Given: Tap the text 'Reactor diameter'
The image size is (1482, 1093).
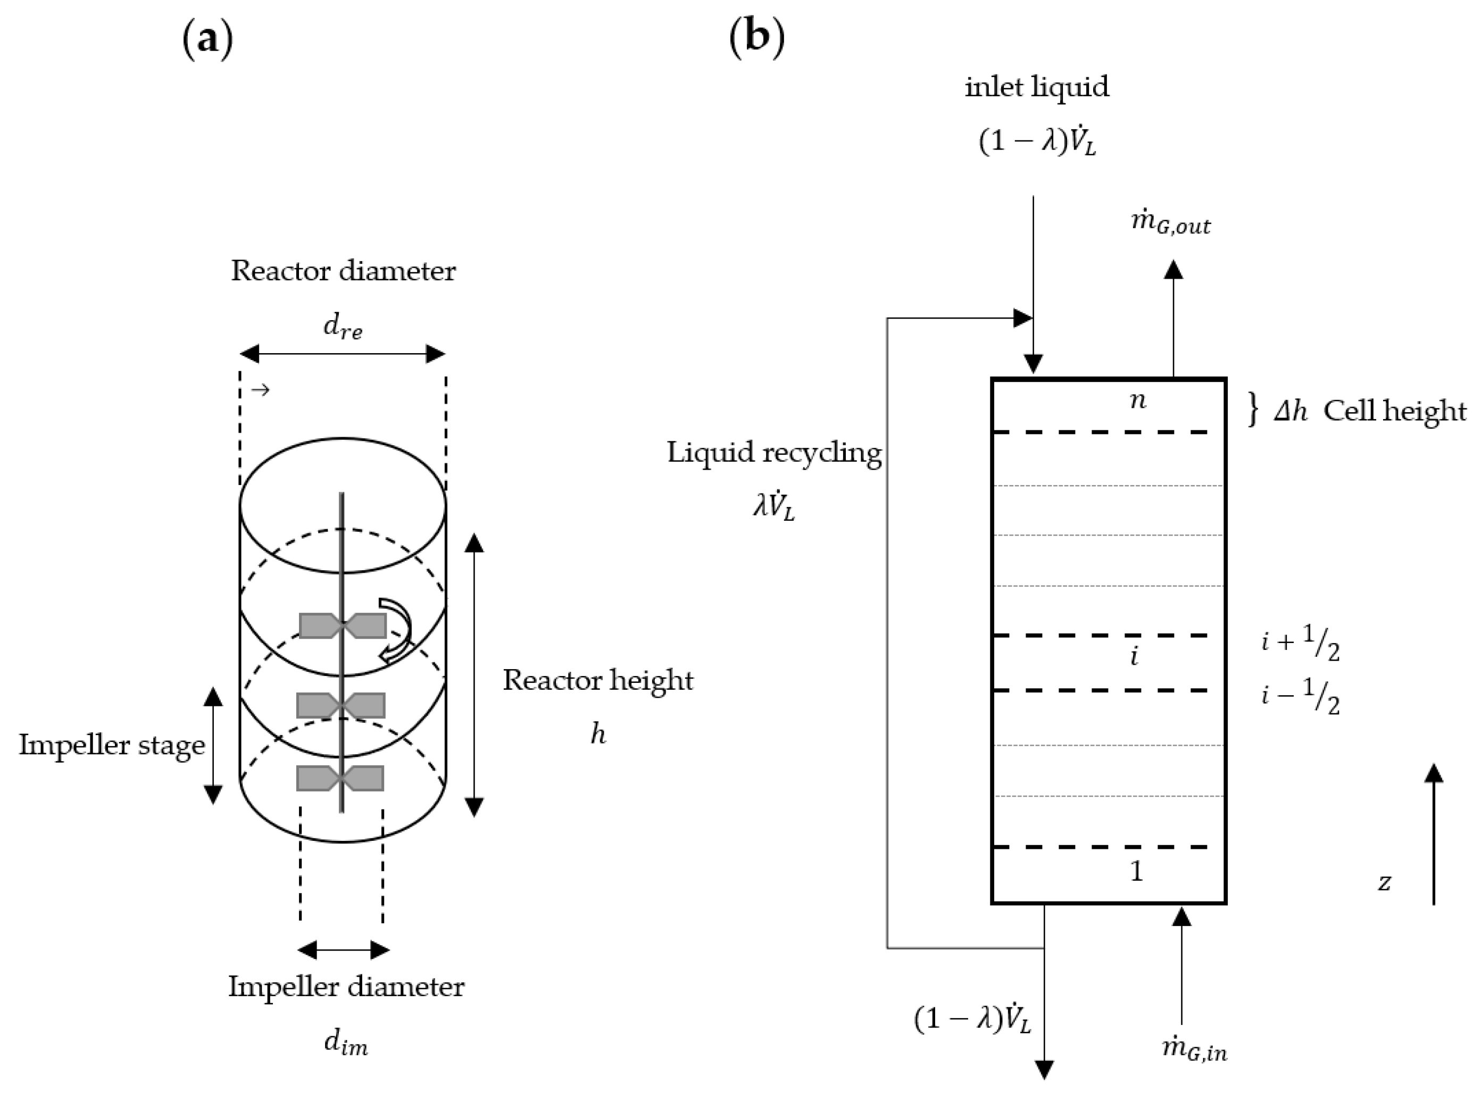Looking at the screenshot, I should [343, 271].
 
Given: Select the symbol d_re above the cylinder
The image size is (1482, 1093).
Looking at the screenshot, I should [343, 328].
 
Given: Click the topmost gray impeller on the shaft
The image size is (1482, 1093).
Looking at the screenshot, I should [343, 625].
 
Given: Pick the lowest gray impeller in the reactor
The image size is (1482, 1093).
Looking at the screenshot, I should [340, 778].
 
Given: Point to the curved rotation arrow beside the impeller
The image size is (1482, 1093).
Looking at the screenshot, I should [397, 629].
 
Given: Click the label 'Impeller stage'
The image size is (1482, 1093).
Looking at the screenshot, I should [112, 745].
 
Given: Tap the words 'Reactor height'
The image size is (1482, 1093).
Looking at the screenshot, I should [597, 680].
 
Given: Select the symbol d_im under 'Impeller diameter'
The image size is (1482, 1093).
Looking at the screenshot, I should [345, 1044].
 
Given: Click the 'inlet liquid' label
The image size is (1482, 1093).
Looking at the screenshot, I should [1036, 87].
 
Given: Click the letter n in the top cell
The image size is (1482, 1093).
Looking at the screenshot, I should [1137, 401].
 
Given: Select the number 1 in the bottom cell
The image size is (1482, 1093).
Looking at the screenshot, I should [1136, 871].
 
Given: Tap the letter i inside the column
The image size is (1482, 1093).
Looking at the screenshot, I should [1135, 656].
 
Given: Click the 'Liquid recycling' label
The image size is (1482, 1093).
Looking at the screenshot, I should [774, 453].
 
